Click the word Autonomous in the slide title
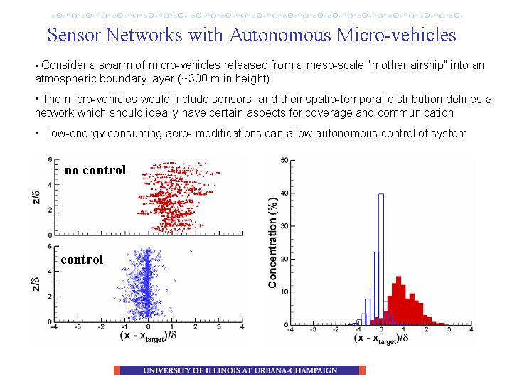click(x=280, y=35)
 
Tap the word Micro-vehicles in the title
click(x=396, y=35)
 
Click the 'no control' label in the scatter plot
click(x=95, y=170)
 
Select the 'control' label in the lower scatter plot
click(x=82, y=260)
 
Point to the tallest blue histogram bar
click(x=380, y=260)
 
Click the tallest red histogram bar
click(x=398, y=300)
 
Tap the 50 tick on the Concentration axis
click(x=284, y=160)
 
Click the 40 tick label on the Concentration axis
click(x=284, y=193)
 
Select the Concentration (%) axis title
click(x=272, y=242)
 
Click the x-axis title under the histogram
click(x=380, y=338)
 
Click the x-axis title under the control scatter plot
click(x=148, y=336)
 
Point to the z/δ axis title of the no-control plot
click(x=36, y=197)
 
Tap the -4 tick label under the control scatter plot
click(x=55, y=326)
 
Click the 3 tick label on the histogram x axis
click(x=449, y=329)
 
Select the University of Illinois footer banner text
click(x=240, y=370)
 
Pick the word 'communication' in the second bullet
click(x=415, y=112)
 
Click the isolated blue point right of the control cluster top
click(x=191, y=252)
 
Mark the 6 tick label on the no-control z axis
click(x=50, y=160)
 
